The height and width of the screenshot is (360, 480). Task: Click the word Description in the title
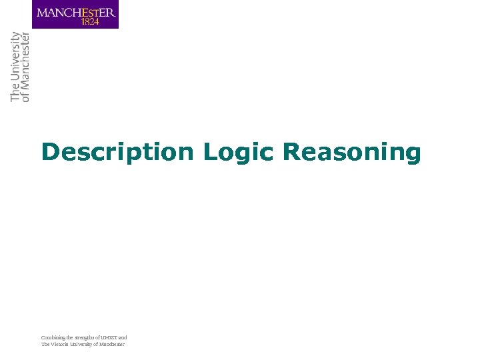tap(117, 153)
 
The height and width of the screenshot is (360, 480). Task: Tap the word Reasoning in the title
tap(352, 153)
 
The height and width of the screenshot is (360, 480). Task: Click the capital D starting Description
tap(49, 152)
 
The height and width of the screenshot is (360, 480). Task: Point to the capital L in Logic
tap(209, 152)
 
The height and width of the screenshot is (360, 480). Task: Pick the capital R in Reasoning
tap(291, 152)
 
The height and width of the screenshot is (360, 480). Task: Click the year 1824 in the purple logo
tap(91, 21)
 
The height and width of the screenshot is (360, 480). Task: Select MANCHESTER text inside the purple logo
tap(75, 12)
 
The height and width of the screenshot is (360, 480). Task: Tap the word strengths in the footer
tap(83, 338)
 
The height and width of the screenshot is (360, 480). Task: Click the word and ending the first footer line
tap(123, 338)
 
